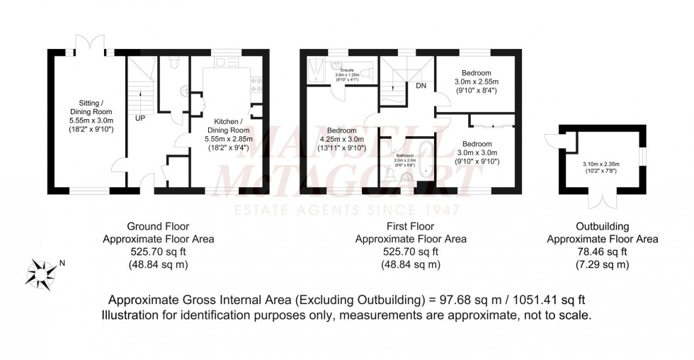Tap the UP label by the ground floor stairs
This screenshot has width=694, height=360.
[140, 117]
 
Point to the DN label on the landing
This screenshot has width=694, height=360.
[421, 86]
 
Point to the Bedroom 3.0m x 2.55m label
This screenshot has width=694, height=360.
[475, 81]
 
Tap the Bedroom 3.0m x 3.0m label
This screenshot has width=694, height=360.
[475, 152]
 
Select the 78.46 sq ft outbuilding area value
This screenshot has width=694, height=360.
[602, 252]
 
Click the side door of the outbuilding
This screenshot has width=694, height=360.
[551, 144]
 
